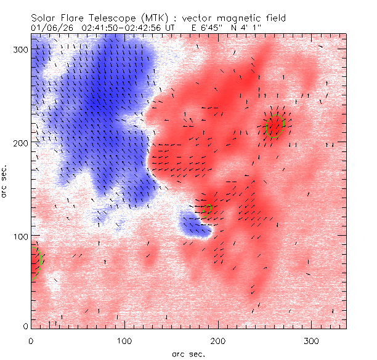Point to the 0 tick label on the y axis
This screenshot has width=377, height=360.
click(x=25, y=326)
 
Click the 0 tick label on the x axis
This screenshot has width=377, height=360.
click(x=31, y=340)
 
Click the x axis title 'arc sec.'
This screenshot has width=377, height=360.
click(x=188, y=354)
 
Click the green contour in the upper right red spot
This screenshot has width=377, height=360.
click(x=275, y=126)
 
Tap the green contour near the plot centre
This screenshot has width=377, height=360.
click(x=207, y=211)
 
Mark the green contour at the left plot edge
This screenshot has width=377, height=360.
click(x=39, y=262)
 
